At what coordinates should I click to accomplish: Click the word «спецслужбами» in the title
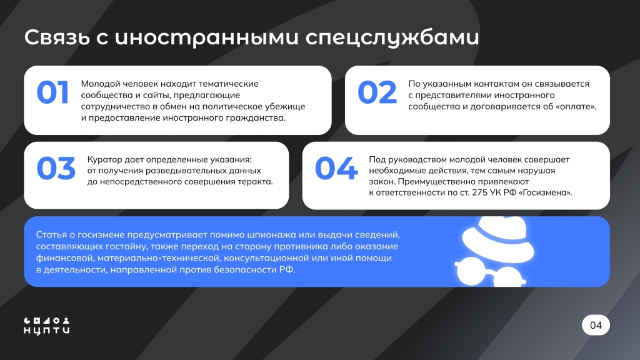tap(392, 37)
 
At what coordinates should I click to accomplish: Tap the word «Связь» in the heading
tap(57, 37)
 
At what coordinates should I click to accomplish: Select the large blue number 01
tap(52, 92)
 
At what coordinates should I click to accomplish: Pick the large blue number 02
tap(377, 92)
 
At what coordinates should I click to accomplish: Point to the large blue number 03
tap(56, 168)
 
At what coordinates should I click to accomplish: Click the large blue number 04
tap(336, 168)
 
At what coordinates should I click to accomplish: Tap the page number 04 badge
tap(596, 325)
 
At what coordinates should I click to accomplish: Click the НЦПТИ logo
tap(46, 326)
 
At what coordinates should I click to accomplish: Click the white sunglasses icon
tap(490, 272)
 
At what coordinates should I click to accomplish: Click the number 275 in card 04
tap(480, 192)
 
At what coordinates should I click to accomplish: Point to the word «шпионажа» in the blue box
tap(272, 235)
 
